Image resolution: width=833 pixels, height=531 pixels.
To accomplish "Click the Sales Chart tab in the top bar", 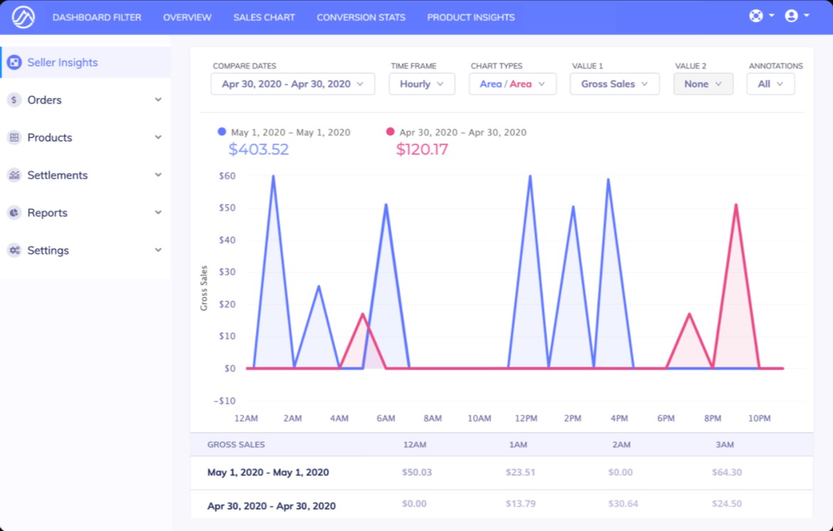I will click(264, 17).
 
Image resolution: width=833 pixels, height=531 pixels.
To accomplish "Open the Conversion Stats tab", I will click(360, 17).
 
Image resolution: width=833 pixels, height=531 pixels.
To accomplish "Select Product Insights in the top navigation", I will click(471, 17).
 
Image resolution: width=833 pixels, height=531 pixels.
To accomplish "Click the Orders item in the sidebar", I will click(45, 100).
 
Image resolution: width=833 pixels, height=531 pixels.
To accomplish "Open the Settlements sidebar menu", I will click(58, 176).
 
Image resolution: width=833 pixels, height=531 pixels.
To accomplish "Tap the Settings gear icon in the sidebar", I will click(14, 250).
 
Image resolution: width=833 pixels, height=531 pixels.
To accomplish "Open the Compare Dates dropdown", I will click(292, 84).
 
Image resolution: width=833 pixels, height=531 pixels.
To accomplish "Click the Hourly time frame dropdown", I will click(421, 84).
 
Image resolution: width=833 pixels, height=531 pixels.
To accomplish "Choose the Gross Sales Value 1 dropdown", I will click(614, 84).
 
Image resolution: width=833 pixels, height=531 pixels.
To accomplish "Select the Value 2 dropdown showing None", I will click(703, 84).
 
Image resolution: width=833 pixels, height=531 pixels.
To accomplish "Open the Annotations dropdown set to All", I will click(770, 84).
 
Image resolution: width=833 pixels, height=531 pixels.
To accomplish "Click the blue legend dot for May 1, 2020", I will click(222, 132).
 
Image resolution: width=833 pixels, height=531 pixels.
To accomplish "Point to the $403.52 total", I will click(259, 150).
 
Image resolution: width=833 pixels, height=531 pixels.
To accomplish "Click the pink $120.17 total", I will click(422, 150).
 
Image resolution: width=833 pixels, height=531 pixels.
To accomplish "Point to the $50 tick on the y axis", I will click(227, 208).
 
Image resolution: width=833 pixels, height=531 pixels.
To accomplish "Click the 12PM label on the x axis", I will click(526, 419).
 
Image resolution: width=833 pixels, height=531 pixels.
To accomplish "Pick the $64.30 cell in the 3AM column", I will click(726, 472).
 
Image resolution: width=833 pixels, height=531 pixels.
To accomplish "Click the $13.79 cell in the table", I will click(520, 503).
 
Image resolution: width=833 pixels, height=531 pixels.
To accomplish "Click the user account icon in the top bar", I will click(791, 16).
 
